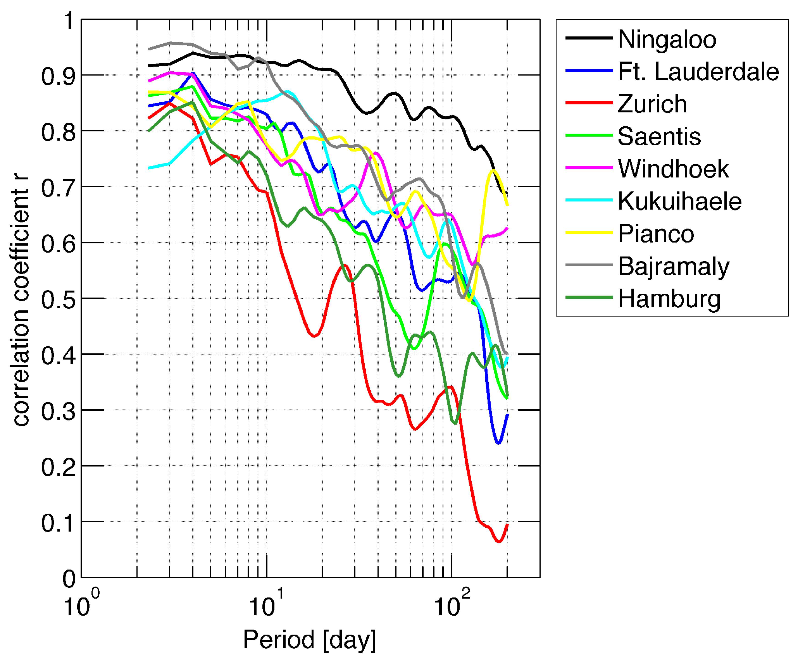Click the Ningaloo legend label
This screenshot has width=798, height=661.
pos(667,39)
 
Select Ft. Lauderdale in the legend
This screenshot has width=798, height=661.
pos(698,72)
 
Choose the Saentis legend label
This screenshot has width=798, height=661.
pos(659,136)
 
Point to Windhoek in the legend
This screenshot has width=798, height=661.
pos(673,169)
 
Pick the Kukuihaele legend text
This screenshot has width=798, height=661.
pos(679,201)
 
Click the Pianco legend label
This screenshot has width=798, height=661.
pos(656,234)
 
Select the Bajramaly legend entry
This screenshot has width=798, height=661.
pos(674,267)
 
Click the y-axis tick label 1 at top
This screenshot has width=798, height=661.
pos(69,21)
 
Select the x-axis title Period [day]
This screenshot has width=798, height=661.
pos(309,639)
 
